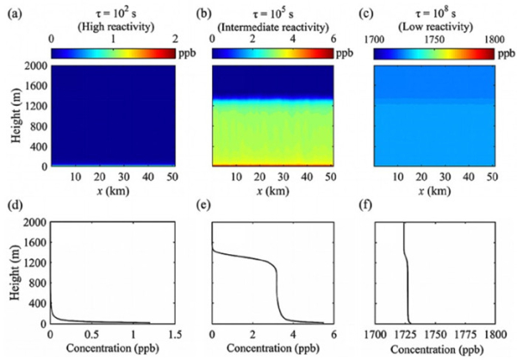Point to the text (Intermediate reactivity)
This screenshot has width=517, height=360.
(x=272, y=26)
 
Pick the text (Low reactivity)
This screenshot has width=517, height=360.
(x=435, y=26)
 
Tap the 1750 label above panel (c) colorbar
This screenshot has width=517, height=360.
(x=434, y=40)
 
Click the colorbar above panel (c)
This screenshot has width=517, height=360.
(x=434, y=53)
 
